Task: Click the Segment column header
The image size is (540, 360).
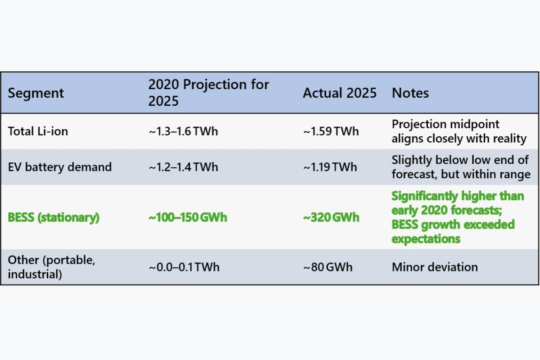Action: coord(36,93)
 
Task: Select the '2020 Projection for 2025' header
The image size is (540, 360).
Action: coord(208,93)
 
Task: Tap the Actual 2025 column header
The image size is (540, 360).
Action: coord(339,93)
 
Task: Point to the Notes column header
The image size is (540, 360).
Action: coord(410,93)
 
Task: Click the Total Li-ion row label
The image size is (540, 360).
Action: coord(38,131)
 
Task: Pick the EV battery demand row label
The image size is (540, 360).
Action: coord(60,167)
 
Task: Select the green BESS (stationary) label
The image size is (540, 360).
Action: coord(54,217)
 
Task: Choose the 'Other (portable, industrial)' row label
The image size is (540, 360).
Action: coord(52,267)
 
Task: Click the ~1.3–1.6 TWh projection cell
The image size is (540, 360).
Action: coord(183,131)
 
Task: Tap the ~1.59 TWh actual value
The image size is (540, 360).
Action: coord(331,131)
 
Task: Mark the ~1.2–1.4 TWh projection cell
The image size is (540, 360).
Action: coord(183,167)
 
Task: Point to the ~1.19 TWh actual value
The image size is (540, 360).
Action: coord(330,167)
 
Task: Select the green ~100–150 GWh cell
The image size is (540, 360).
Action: coord(188,217)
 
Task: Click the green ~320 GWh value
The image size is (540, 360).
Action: coord(331,217)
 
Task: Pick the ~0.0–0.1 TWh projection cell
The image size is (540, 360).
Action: coord(184,267)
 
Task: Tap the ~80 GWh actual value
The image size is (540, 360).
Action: coord(328,267)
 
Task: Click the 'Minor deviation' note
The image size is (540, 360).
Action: coord(435,267)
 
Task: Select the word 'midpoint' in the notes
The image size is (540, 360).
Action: coord(474,125)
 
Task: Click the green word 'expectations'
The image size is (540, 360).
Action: coord(426,239)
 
